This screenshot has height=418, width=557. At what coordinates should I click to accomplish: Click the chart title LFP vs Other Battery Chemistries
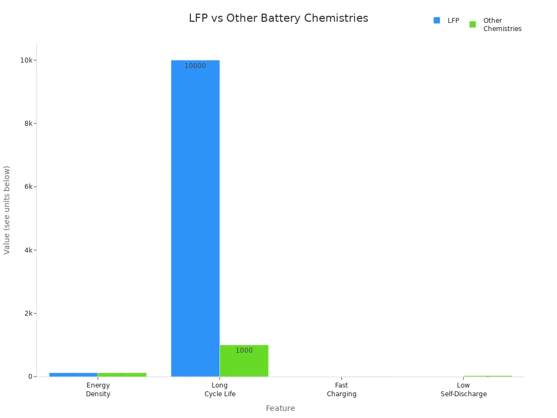[278, 18]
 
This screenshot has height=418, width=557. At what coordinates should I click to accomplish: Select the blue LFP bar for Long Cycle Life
[195, 218]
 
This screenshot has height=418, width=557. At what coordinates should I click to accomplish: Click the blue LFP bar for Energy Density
[73, 374]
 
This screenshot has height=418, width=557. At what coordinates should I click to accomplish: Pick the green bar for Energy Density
[122, 374]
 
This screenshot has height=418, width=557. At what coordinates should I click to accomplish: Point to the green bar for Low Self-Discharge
[487, 376]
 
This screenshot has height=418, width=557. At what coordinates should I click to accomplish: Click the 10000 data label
[195, 66]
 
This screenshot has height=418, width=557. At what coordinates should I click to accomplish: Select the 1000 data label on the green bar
[244, 351]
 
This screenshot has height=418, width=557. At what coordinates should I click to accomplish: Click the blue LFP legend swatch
[437, 21]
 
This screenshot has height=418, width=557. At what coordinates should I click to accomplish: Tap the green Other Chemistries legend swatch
[473, 24]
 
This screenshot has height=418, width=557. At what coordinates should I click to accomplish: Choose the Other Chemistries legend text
[502, 24]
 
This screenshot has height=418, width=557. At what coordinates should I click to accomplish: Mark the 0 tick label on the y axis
[30, 377]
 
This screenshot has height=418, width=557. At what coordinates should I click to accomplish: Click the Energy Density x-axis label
[98, 390]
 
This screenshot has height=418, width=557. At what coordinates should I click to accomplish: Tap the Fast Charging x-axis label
[342, 390]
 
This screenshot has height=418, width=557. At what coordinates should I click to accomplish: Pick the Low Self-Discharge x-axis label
[463, 390]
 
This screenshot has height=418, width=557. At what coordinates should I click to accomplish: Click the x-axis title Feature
[280, 408]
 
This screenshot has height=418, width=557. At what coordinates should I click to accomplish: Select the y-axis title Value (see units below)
[7, 210]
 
